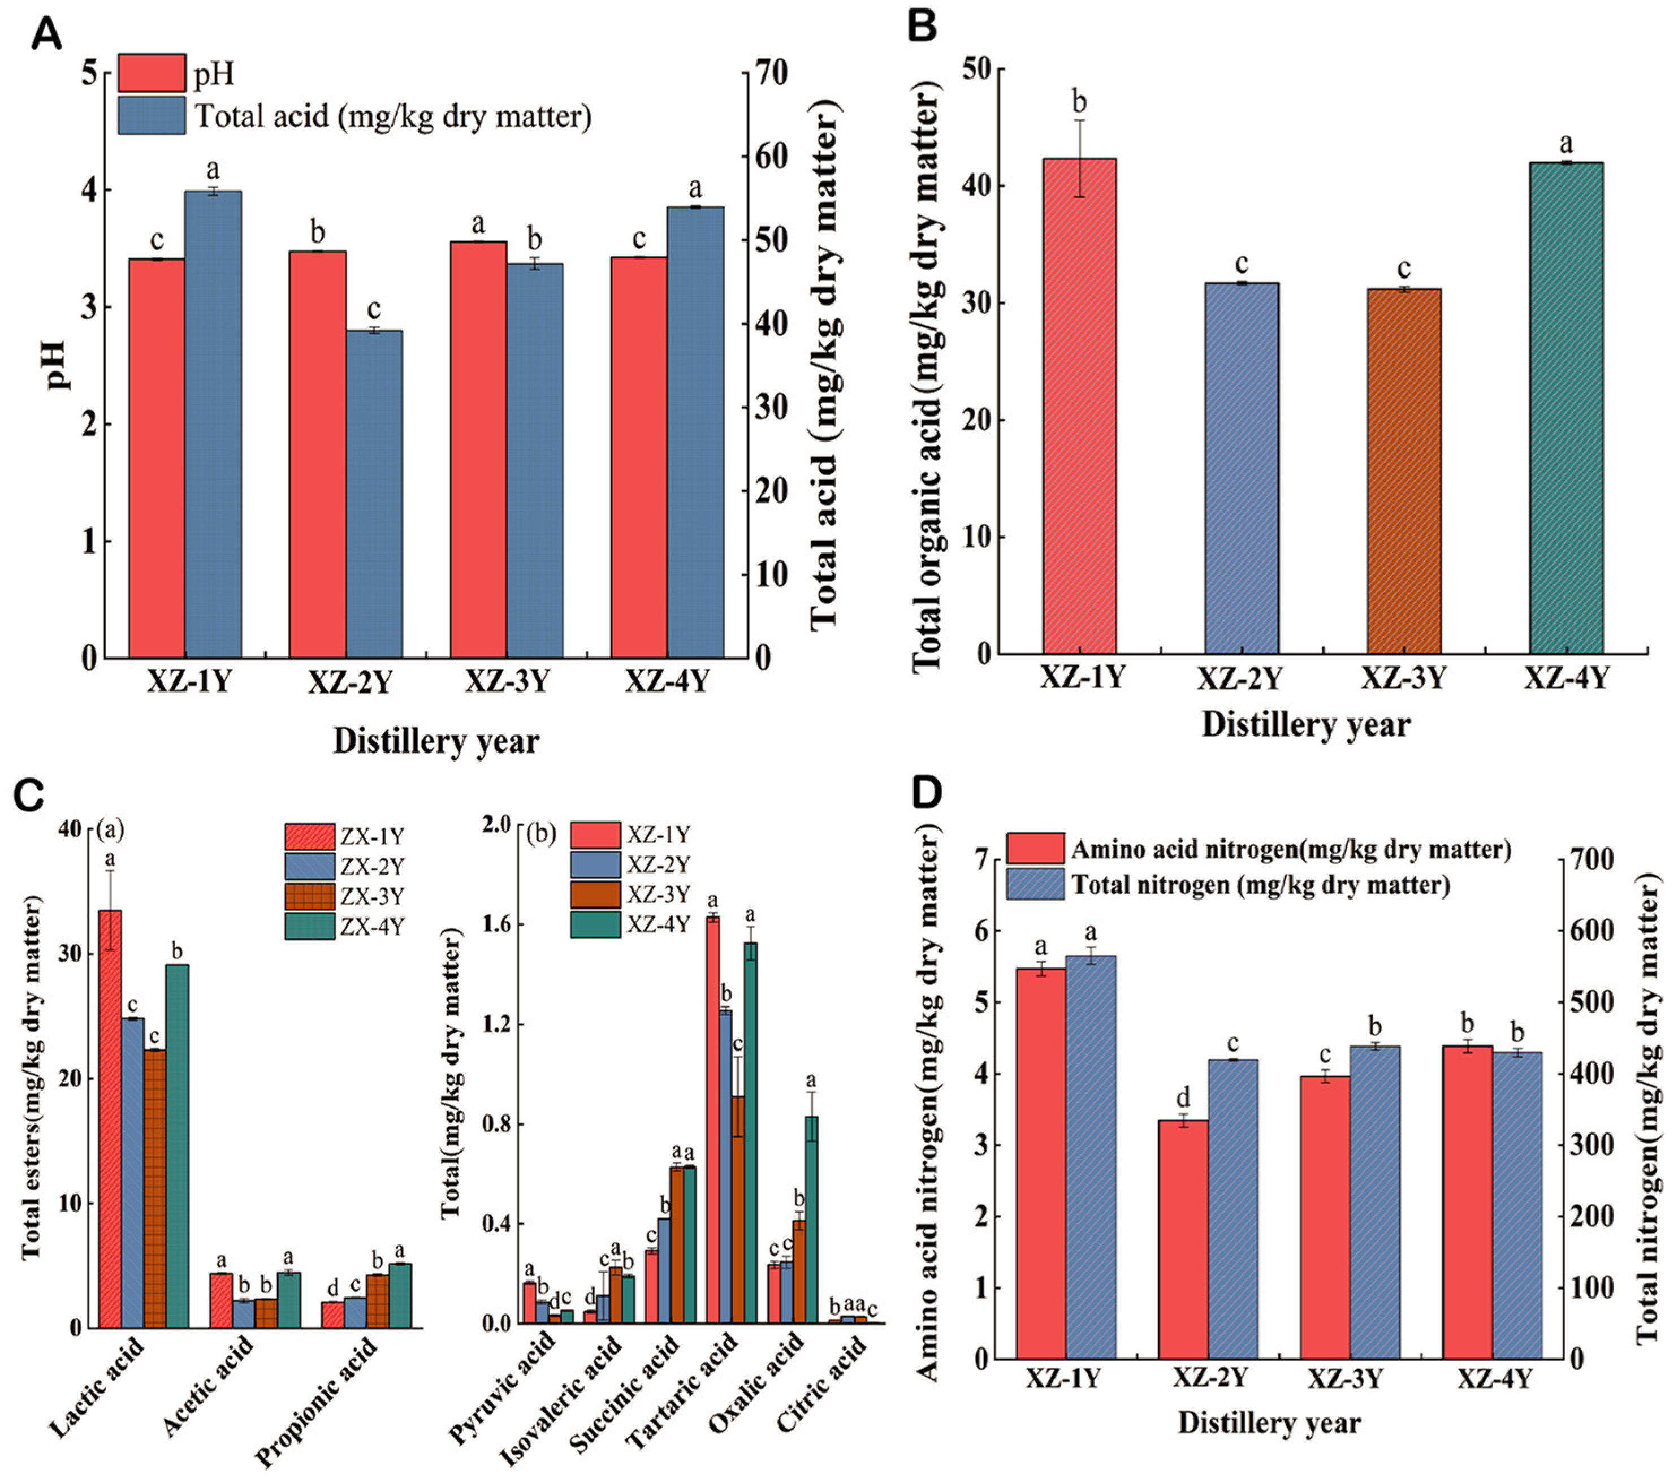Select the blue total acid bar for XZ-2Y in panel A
374,492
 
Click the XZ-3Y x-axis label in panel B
1403,678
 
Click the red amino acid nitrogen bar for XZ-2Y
1183,1239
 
